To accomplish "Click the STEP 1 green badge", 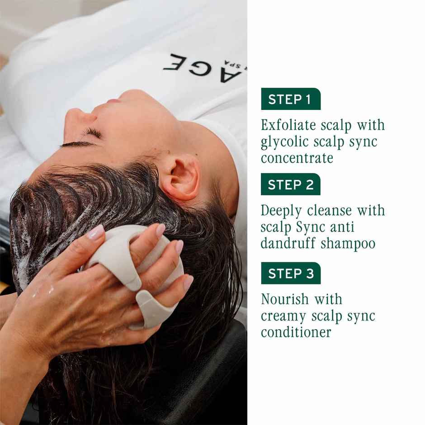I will pyautogui.click(x=290, y=99).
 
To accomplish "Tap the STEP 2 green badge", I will pyautogui.click(x=290, y=184).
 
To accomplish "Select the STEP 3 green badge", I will pyautogui.click(x=290, y=273).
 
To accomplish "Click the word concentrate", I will pyautogui.click(x=297, y=158).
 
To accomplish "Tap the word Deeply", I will pyautogui.click(x=282, y=211).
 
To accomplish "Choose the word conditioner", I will pyautogui.click(x=296, y=332).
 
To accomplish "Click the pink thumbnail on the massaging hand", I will pyautogui.click(x=95, y=232).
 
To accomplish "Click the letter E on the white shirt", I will pyautogui.click(x=174, y=61).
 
